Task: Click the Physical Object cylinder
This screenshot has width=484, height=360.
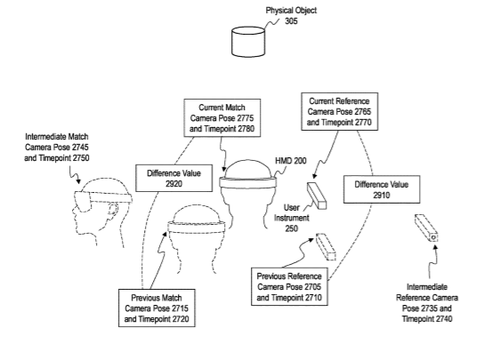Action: [248, 42]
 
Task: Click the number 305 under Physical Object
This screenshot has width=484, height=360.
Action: [291, 21]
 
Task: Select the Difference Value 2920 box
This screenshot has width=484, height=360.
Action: [174, 179]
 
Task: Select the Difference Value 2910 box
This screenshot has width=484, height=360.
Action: [382, 189]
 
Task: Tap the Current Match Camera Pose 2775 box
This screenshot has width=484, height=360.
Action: [222, 118]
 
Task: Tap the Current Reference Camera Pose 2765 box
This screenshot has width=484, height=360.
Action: [340, 111]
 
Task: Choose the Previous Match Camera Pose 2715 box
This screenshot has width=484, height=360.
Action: [157, 308]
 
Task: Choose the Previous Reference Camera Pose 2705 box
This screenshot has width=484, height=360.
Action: [289, 286]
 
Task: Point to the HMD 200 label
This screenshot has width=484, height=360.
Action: [291, 161]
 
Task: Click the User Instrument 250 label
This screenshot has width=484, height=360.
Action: [292, 218]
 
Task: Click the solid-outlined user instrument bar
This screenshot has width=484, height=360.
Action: [317, 196]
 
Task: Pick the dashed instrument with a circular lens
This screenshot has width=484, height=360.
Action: [426, 228]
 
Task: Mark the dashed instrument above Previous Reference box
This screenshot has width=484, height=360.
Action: [326, 247]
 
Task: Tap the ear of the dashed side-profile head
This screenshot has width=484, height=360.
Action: [113, 209]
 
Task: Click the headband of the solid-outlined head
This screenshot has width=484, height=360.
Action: [248, 182]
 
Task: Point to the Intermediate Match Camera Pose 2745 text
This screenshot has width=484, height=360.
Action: [57, 148]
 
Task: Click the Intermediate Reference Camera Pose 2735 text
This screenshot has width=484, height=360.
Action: [427, 303]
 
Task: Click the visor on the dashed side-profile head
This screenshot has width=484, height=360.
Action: [83, 201]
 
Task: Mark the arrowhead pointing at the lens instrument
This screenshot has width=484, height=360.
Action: [435, 247]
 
